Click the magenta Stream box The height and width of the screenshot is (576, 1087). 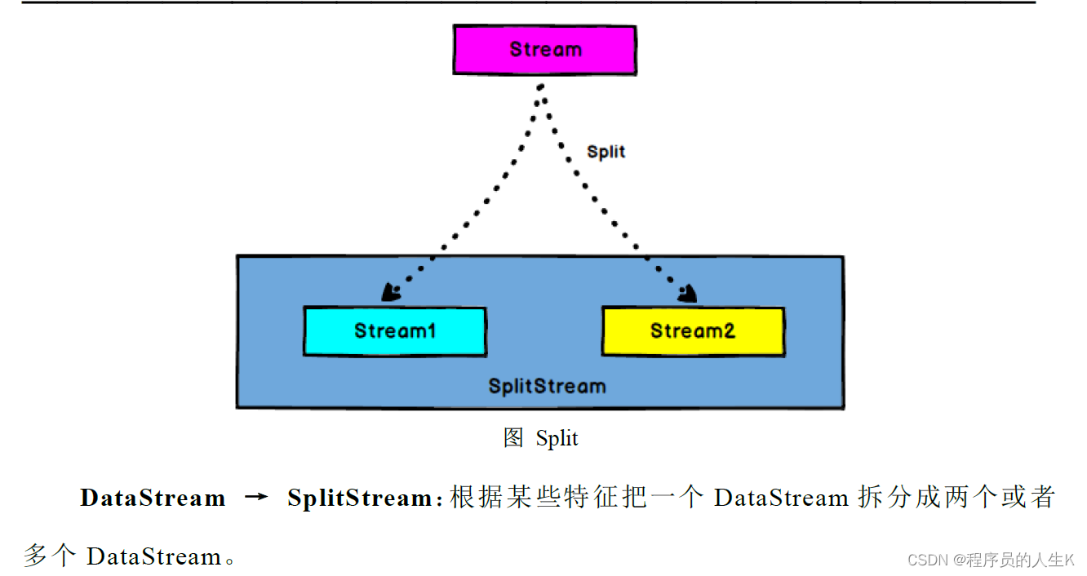(545, 50)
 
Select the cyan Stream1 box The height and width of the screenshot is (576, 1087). (395, 331)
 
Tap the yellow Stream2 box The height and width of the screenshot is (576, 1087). (693, 331)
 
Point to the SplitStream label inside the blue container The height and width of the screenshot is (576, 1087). (547, 386)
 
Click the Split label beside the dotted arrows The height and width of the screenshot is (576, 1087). (606, 152)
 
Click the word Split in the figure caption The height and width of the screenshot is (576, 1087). (557, 439)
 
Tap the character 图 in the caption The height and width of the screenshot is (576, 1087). (513, 438)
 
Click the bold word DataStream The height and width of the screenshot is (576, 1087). (153, 498)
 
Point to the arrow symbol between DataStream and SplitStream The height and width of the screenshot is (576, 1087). (256, 498)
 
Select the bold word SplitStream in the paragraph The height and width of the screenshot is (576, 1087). (359, 498)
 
